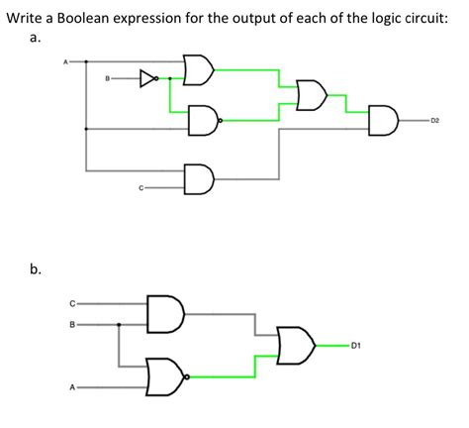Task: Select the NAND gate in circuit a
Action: tap(202, 120)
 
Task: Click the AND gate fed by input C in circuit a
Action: tap(201, 179)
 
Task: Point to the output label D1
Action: tap(354, 346)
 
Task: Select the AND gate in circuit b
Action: tap(162, 313)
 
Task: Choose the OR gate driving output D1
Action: tap(296, 344)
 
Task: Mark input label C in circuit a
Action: tap(141, 186)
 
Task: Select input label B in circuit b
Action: tap(71, 323)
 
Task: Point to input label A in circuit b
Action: tap(71, 387)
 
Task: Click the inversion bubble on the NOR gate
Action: tap(185, 374)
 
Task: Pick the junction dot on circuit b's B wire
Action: tap(120, 323)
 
